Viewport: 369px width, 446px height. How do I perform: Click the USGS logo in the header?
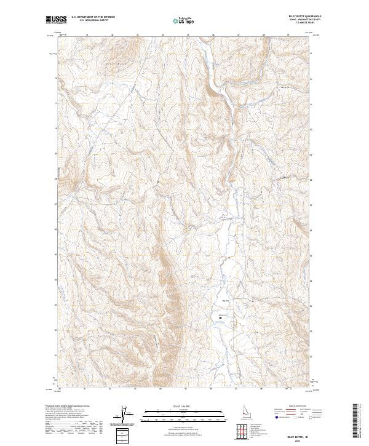(x=55, y=20)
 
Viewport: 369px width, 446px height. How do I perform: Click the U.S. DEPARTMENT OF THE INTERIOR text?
(x=93, y=18)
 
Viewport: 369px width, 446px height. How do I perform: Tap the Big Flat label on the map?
(x=225, y=300)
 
